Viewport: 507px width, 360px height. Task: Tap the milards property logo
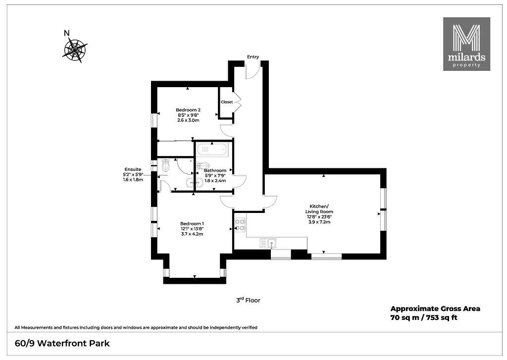(466, 44)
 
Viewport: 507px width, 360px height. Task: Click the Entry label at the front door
(253, 56)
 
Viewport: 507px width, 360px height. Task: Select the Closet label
(227, 102)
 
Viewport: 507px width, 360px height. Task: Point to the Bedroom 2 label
(188, 110)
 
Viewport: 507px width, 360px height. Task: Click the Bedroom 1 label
(192, 223)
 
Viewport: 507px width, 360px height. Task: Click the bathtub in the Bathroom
(212, 150)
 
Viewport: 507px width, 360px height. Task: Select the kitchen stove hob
(240, 225)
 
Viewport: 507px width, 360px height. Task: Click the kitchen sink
(268, 243)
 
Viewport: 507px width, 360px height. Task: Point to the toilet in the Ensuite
(166, 165)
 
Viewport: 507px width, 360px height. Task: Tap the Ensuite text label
(133, 169)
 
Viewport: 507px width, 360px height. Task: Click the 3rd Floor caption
(248, 300)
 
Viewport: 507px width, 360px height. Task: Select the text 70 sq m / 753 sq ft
(424, 317)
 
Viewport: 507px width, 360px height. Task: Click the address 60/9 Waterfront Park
(62, 343)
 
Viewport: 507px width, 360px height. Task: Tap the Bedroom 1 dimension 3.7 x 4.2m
(192, 234)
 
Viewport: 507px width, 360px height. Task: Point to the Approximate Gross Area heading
(435, 309)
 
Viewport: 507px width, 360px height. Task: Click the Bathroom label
(215, 170)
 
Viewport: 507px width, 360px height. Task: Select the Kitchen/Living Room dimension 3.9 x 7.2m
(319, 222)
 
